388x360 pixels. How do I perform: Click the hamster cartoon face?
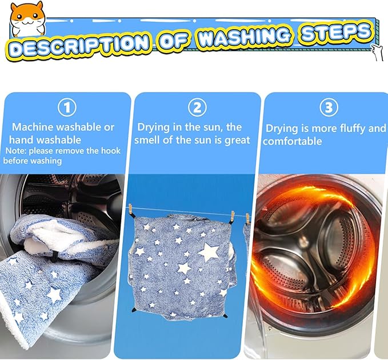(x=27, y=19)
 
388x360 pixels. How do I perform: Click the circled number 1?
(x=67, y=107)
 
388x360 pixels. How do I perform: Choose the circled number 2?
(x=197, y=107)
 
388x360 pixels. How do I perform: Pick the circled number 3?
(x=327, y=107)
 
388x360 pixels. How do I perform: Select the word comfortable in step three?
(x=293, y=141)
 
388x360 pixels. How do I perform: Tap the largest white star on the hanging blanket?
(x=208, y=251)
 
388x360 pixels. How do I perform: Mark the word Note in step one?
(x=15, y=150)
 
